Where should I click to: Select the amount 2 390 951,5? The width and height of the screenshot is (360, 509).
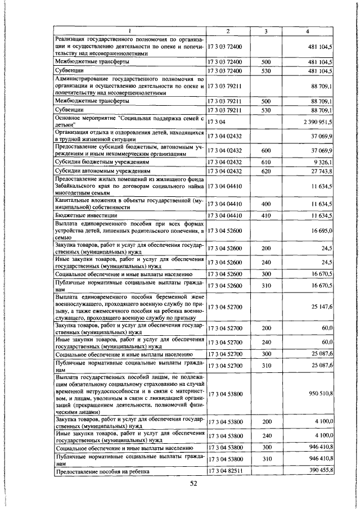[x=318, y=121]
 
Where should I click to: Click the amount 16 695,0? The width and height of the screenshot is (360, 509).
[x=321, y=231]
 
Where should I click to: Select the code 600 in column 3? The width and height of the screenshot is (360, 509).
[x=266, y=151]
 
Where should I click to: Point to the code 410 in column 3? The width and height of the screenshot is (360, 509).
[x=266, y=215]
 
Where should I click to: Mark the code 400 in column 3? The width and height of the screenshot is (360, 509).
[x=266, y=203]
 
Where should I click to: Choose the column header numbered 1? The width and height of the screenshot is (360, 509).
[x=129, y=30]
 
